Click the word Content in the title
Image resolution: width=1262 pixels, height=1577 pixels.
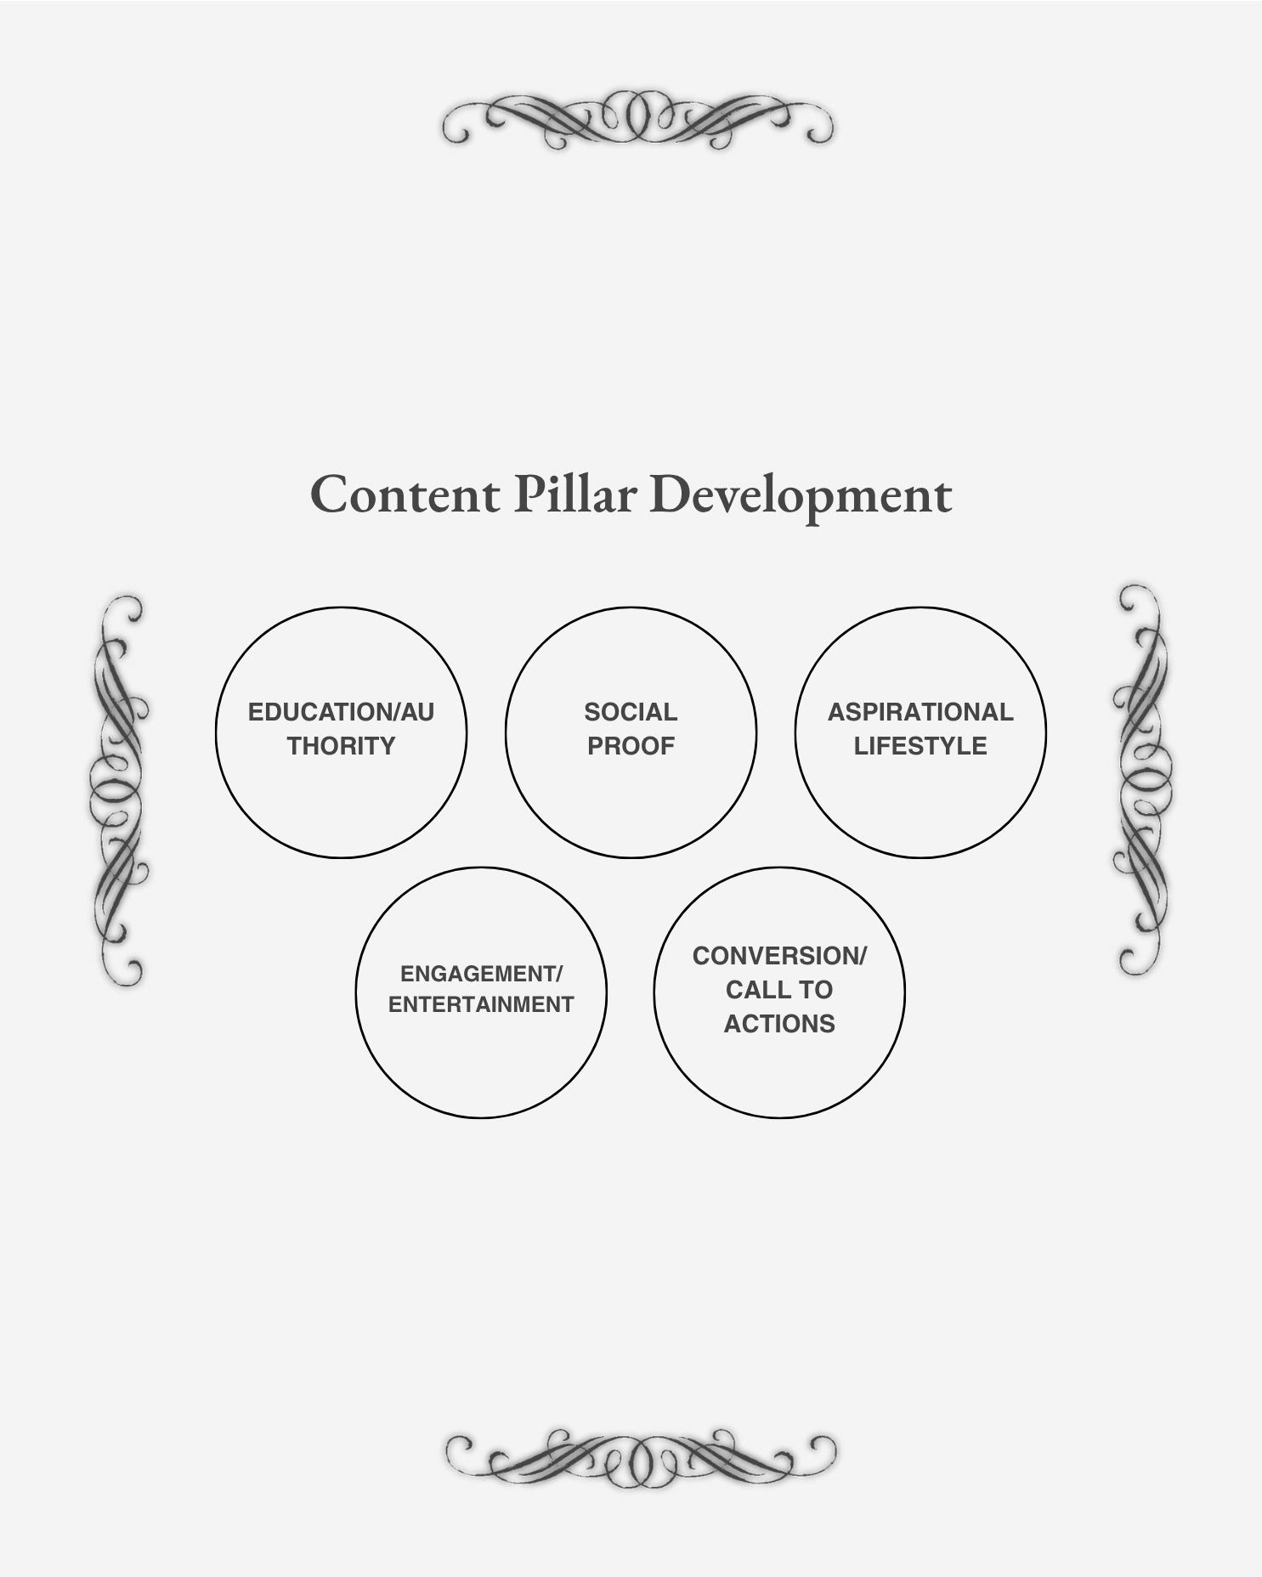tap(405, 495)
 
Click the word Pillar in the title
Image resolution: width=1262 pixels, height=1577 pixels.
tap(574, 495)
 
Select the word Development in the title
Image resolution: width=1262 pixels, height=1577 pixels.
tap(801, 496)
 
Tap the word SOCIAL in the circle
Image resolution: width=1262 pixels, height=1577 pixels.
tap(631, 712)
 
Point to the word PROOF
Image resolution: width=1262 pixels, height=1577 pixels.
tap(631, 746)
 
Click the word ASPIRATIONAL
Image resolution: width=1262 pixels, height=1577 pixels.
tap(920, 712)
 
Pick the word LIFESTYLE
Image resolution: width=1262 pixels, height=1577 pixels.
tap(920, 746)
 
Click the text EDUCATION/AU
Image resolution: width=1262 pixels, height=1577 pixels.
tap(341, 712)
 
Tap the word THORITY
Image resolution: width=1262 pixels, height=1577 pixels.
tap(341, 746)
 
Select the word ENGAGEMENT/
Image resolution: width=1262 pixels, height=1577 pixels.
tap(481, 974)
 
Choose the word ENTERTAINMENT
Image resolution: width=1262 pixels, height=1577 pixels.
tap(481, 1004)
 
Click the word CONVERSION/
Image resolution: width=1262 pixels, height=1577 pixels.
tap(779, 956)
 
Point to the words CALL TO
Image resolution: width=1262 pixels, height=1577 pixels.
tap(779, 990)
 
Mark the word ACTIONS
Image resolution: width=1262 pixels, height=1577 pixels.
tap(779, 1024)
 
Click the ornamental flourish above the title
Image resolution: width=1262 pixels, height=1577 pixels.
tap(637, 119)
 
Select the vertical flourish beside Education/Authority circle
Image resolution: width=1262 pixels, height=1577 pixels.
tap(119, 790)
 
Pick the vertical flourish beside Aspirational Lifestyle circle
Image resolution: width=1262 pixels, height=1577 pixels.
tap(1140, 779)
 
